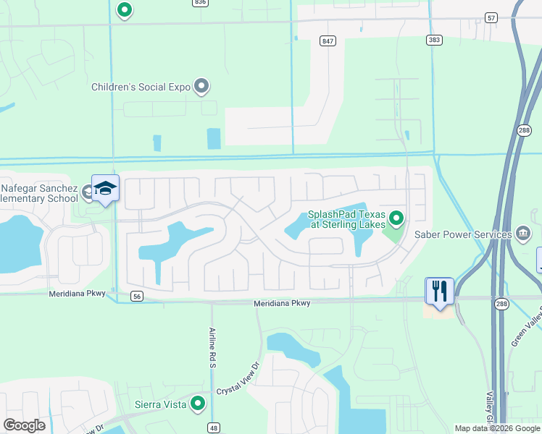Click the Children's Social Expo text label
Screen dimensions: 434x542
click(141, 88)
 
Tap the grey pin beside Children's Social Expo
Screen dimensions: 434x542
click(202, 87)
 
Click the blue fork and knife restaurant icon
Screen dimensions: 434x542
click(439, 290)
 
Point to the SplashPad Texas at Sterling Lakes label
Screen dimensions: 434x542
click(348, 219)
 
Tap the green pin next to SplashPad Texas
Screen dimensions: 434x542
click(396, 217)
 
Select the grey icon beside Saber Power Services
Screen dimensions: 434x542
click(524, 233)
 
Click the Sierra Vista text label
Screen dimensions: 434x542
click(161, 404)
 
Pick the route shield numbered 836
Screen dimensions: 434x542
click(200, 3)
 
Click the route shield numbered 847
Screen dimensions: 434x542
click(328, 41)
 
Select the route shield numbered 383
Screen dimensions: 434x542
click(434, 41)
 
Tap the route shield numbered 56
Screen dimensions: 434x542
click(136, 296)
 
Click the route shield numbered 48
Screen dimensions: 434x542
click(213, 427)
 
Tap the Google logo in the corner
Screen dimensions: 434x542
click(24, 425)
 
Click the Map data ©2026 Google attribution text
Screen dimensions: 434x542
click(496, 428)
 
